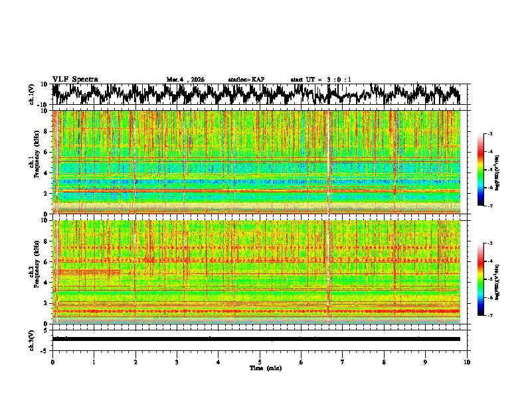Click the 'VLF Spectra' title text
[x=75, y=80]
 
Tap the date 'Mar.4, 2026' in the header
[x=185, y=80]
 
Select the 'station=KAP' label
[x=246, y=80]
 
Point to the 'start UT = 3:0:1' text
[x=321, y=80]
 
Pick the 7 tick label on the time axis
[x=343, y=362]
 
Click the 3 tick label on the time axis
[x=177, y=362]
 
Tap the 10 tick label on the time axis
[x=467, y=362]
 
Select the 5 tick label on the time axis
[x=260, y=362]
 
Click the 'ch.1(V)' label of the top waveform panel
[x=32, y=94]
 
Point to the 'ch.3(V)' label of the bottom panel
[x=32, y=338]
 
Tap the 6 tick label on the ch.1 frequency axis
[x=46, y=152]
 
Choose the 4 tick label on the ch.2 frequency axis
[x=46, y=282]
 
